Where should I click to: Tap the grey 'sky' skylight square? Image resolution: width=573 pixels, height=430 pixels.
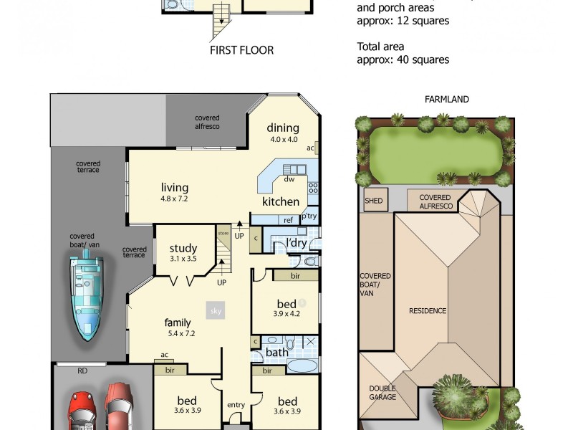(x=216, y=311)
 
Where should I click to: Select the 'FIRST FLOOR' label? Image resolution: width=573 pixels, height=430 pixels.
(x=241, y=50)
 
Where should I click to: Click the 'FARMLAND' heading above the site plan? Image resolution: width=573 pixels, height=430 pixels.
(x=446, y=100)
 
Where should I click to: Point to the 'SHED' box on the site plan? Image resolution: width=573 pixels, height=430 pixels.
(x=375, y=201)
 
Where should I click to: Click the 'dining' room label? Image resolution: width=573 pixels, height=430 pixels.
(x=283, y=128)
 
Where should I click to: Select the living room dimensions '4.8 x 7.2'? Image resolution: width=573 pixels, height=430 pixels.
(x=174, y=199)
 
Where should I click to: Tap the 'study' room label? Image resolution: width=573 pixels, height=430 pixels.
(x=183, y=249)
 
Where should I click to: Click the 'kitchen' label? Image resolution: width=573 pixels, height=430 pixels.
(x=280, y=201)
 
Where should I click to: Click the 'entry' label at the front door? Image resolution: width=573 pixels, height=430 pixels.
(x=236, y=405)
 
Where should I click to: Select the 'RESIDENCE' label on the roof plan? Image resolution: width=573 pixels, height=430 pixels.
(x=428, y=310)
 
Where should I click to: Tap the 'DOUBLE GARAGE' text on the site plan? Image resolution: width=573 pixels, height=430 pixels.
(x=382, y=393)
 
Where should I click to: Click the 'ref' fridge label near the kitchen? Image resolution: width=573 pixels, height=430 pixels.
(x=289, y=220)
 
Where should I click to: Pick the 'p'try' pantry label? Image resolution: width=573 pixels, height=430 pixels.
(x=309, y=216)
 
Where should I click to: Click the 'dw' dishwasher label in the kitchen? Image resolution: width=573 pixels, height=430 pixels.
(x=290, y=179)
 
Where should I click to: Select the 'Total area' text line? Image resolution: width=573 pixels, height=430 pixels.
(x=380, y=47)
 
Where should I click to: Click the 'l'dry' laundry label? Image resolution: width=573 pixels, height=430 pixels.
(x=296, y=244)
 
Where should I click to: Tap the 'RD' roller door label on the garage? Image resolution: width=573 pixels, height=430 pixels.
(x=82, y=371)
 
